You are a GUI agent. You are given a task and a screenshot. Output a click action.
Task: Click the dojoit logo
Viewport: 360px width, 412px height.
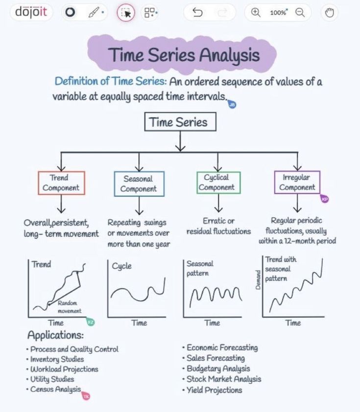point(31,12)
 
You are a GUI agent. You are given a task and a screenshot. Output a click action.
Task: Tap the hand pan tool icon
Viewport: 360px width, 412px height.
point(330,13)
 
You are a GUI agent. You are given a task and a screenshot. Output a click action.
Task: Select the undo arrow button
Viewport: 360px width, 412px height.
point(197,13)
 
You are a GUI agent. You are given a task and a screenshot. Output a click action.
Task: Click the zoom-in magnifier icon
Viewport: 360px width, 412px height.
point(255,13)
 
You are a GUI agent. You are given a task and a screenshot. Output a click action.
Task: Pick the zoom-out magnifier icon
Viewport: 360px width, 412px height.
point(300,13)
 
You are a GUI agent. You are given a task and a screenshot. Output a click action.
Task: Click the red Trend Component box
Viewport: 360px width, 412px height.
point(61,183)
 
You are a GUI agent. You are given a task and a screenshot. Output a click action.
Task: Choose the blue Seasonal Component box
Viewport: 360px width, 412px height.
point(139,183)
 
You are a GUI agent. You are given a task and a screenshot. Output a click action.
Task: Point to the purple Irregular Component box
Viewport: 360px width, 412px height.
point(297,182)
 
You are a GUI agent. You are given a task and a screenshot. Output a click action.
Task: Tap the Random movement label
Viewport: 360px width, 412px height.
point(70,307)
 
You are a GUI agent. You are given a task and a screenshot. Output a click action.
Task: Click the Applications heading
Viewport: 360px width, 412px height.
point(55,335)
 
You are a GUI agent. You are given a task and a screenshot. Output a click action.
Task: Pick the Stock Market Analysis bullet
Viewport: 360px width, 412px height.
point(223,379)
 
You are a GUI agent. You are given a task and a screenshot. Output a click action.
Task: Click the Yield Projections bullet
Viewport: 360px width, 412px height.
point(214,390)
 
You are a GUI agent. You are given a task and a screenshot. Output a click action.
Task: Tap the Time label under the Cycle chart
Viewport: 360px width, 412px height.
point(139,323)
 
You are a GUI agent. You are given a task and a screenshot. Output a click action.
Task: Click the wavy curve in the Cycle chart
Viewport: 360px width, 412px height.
point(137,293)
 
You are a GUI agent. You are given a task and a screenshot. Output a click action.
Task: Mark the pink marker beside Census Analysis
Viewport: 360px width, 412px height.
point(86,396)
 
